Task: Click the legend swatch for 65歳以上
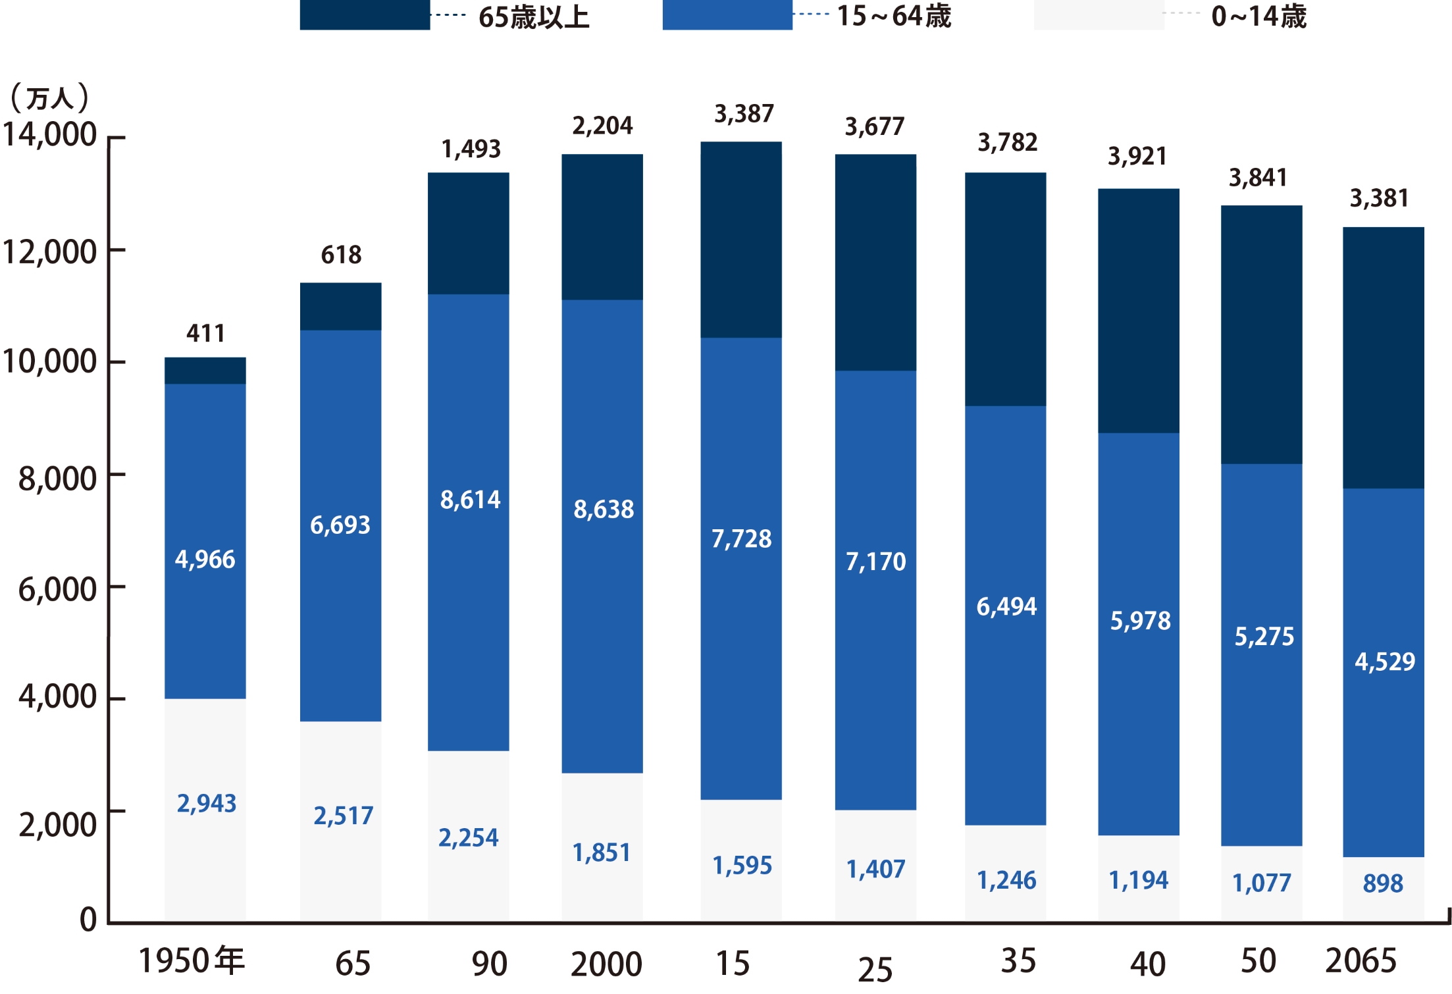[x=365, y=14]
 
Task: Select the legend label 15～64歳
[x=893, y=16]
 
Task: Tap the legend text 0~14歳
[x=1258, y=16]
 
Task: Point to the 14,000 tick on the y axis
[x=50, y=135]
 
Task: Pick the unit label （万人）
[x=49, y=98]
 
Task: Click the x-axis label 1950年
[x=192, y=960]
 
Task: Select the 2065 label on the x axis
[x=1361, y=960]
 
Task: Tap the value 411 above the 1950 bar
[x=205, y=333]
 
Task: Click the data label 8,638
[x=604, y=510]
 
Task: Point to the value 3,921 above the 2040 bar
[x=1137, y=157]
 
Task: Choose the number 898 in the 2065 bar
[x=1383, y=883]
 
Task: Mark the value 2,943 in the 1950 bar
[x=206, y=803]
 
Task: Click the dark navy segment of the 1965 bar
[x=340, y=307]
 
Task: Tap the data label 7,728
[x=741, y=539]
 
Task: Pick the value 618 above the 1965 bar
[x=341, y=255]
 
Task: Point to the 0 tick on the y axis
[x=88, y=920]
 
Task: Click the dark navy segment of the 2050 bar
[x=1261, y=334]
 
